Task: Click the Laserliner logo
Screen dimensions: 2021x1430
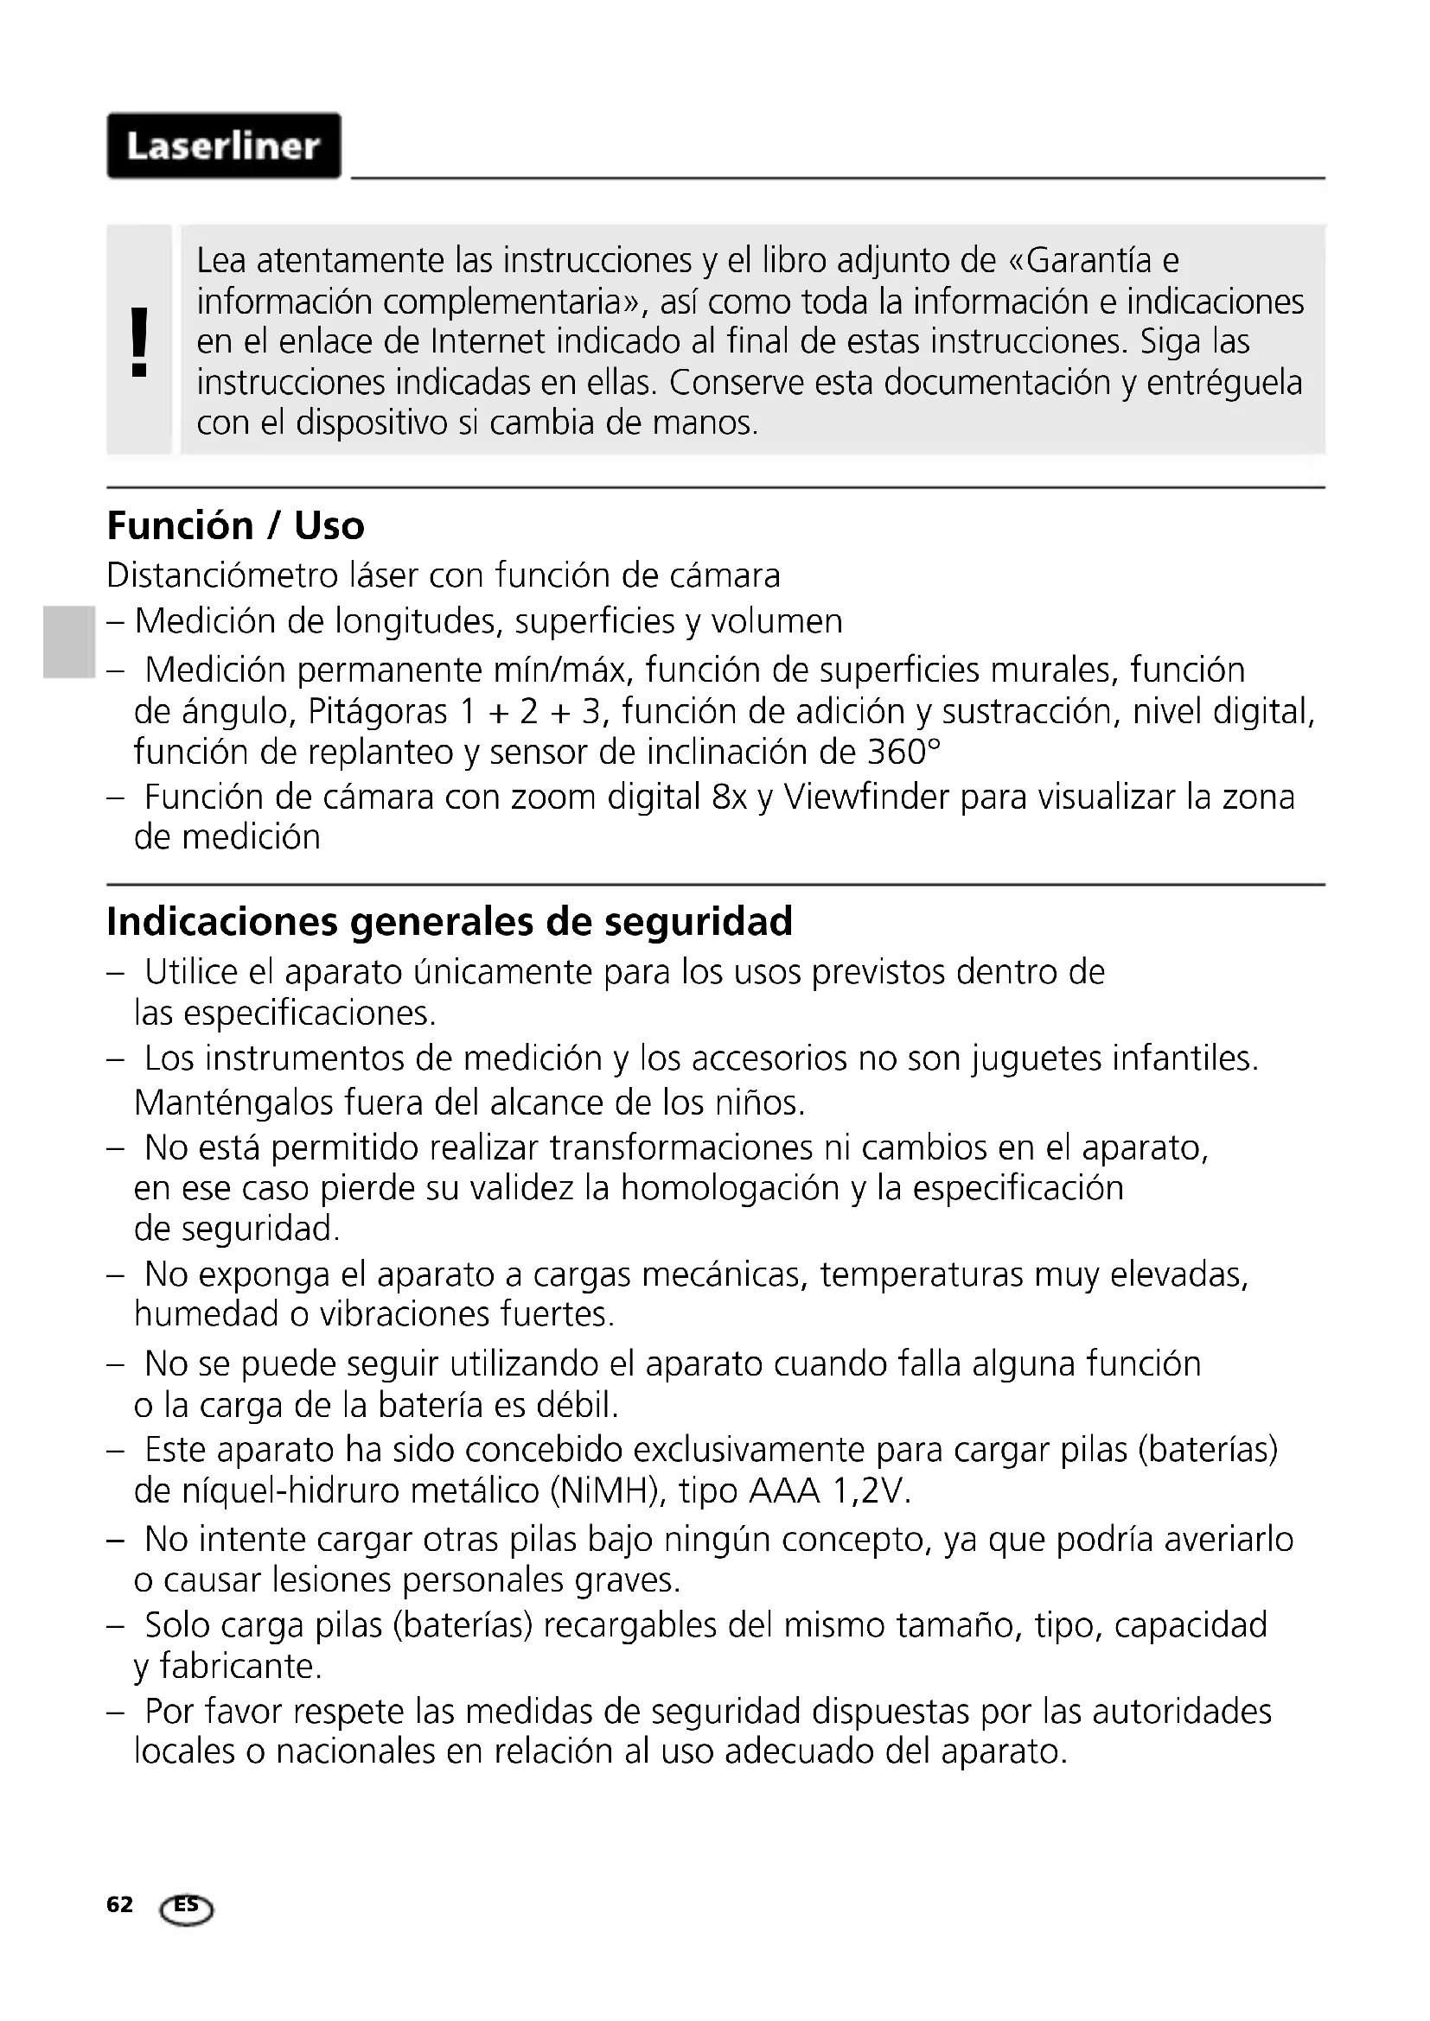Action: [x=224, y=146]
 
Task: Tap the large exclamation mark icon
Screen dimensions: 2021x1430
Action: [x=139, y=341]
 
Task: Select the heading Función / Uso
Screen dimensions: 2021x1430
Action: [x=235, y=525]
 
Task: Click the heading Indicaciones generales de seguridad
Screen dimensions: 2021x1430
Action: [x=449, y=922]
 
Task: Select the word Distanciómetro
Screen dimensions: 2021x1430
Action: [x=222, y=575]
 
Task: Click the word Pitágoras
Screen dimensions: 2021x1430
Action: [x=378, y=711]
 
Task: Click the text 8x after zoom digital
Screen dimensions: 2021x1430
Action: [x=729, y=797]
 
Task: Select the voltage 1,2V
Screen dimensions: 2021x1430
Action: [x=871, y=1491]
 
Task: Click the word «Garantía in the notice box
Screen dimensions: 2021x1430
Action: [x=1080, y=261]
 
